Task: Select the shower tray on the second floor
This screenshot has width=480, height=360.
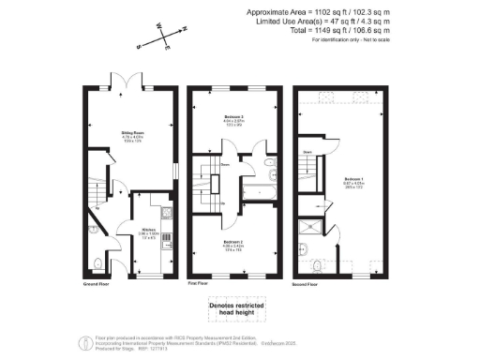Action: pyautogui.click(x=309, y=229)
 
